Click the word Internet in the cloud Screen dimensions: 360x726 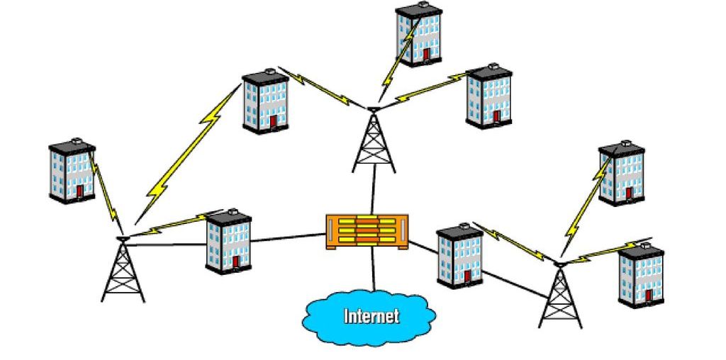371,315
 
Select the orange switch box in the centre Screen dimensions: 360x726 368,231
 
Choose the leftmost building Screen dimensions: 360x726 72,171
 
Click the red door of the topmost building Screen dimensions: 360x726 426,54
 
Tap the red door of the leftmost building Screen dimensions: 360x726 80,191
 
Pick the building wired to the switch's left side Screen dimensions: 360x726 228,241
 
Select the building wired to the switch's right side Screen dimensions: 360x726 459,256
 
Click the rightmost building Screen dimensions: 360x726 640,275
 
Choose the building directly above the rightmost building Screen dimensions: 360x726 621,174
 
